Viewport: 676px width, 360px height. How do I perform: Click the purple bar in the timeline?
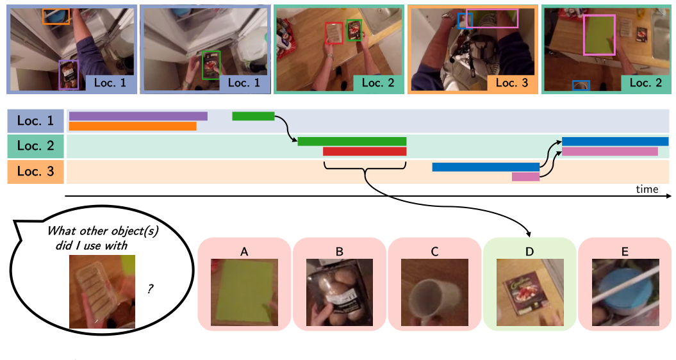coord(138,116)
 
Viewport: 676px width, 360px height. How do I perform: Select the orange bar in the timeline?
coord(132,126)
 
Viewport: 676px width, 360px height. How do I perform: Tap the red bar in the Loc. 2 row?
coord(365,152)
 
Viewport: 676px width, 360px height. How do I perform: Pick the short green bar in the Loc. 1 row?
coord(253,116)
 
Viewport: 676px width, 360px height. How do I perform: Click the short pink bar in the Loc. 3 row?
coord(525,177)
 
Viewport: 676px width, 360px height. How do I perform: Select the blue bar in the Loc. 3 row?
coord(486,167)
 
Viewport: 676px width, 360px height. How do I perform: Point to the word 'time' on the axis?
coord(647,189)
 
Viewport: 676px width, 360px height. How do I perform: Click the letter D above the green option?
coord(529,252)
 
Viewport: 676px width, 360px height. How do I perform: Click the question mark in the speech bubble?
coord(150,290)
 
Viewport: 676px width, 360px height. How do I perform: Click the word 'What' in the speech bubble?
coord(62,232)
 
